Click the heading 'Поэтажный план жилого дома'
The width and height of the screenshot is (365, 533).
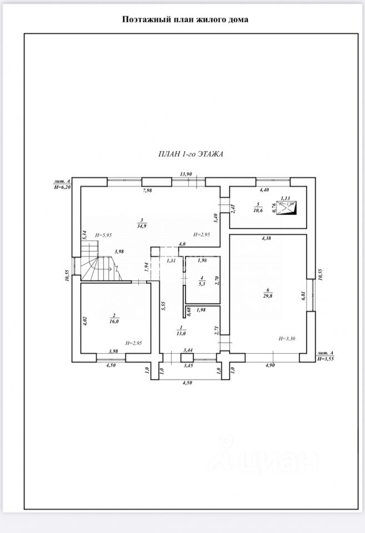click(186, 19)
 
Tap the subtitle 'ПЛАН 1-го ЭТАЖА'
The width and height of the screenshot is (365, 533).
click(190, 155)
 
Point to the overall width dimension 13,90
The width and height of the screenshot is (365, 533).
click(186, 174)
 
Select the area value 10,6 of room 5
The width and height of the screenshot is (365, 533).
click(258, 210)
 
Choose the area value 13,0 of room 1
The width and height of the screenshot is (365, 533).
click(181, 333)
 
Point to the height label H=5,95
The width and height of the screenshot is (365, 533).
click(104, 235)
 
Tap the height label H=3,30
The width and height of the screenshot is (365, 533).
click(287, 338)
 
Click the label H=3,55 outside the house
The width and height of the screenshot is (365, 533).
click(326, 359)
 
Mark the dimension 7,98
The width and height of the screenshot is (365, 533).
click(147, 191)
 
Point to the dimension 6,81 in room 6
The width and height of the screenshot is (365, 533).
click(304, 296)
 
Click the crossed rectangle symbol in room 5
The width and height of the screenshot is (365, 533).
click(288, 209)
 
